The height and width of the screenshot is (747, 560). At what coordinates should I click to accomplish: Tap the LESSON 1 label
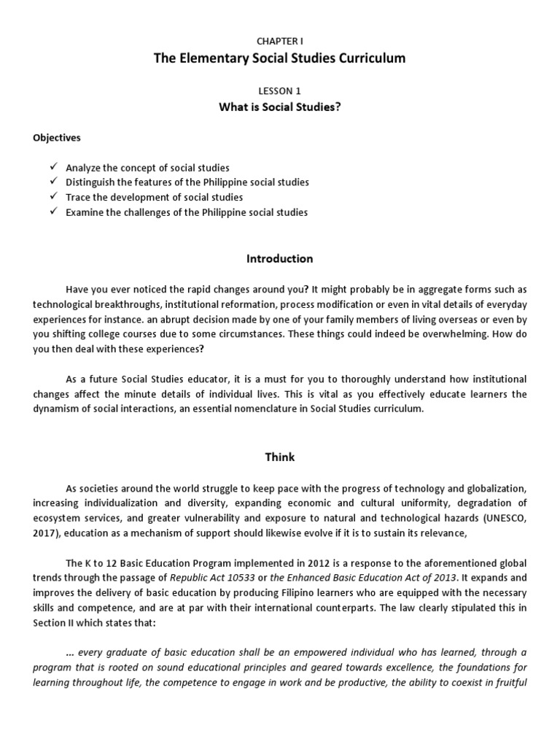click(279, 91)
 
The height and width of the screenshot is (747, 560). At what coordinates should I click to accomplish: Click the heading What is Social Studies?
click(280, 107)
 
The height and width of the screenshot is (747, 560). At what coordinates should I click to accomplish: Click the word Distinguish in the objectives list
click(91, 182)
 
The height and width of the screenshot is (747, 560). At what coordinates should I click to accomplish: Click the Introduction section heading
click(280, 259)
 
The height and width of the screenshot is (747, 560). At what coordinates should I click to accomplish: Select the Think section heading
click(280, 457)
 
